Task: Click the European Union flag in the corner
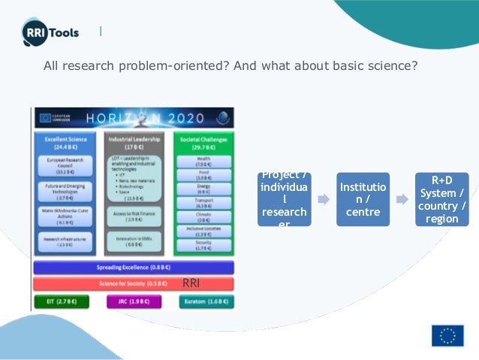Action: tap(447, 335)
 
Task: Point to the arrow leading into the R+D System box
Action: tap(402, 201)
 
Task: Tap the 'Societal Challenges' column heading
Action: tap(203, 143)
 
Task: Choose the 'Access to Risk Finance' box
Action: tap(132, 217)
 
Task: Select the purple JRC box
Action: tap(133, 301)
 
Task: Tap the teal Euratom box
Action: tap(205, 301)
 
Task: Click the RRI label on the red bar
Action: tap(191, 283)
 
